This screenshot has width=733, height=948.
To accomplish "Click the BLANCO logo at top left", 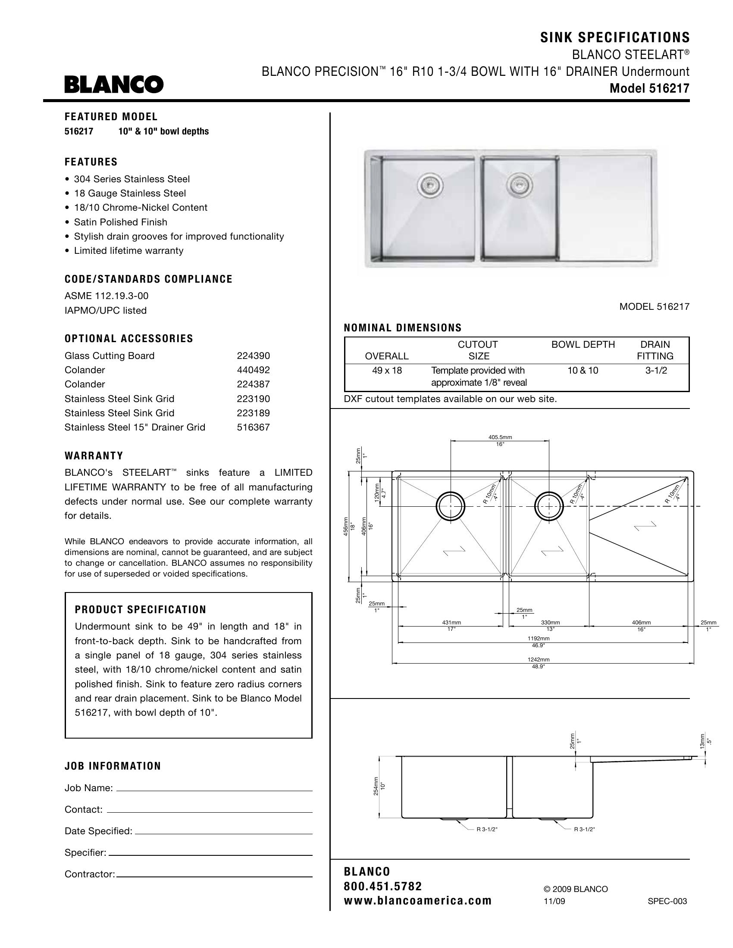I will click(114, 84).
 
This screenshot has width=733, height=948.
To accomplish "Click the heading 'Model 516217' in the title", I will click(649, 88).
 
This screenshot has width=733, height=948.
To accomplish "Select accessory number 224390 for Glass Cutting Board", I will click(253, 356).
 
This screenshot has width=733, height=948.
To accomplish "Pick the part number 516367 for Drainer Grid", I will click(253, 427).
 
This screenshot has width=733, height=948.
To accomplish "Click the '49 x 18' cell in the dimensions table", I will click(387, 371).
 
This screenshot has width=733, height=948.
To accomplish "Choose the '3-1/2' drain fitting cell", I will click(656, 371).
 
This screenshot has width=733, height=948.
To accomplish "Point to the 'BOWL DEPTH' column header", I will click(583, 345).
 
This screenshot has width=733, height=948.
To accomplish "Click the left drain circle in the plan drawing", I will click(450, 506).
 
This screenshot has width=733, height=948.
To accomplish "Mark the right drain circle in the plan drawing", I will click(549, 506).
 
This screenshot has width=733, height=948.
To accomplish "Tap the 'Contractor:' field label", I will click(89, 874).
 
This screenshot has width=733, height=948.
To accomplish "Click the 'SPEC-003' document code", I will click(667, 901).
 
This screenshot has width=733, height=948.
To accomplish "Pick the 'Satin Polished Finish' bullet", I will click(120, 222).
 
